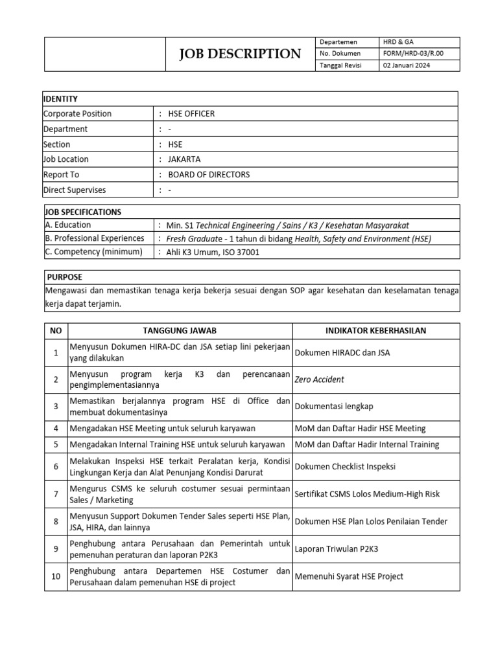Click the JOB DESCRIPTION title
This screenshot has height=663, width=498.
click(241, 54)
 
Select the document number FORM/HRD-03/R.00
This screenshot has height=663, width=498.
click(413, 54)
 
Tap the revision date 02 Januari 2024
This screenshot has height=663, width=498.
click(406, 65)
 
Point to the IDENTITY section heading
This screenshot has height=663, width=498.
click(60, 98)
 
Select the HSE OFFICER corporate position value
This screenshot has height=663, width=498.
click(191, 114)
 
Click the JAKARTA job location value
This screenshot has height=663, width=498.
click(184, 159)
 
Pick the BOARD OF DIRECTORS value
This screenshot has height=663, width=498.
click(209, 175)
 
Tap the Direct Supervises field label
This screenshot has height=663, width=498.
click(75, 190)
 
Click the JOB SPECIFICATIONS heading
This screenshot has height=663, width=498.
click(82, 212)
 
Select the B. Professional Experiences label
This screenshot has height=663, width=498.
click(95, 238)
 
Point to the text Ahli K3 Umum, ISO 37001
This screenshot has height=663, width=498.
click(213, 253)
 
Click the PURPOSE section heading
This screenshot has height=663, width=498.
click(65, 276)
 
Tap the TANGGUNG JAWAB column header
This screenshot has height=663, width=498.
click(180, 331)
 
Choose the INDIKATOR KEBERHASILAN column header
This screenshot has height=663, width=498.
click(375, 331)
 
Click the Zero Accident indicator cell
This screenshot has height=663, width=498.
click(320, 379)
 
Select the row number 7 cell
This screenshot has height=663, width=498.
click(56, 494)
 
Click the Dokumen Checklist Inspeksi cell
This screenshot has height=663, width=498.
click(345, 466)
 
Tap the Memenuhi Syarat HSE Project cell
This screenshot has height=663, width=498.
click(349, 576)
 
